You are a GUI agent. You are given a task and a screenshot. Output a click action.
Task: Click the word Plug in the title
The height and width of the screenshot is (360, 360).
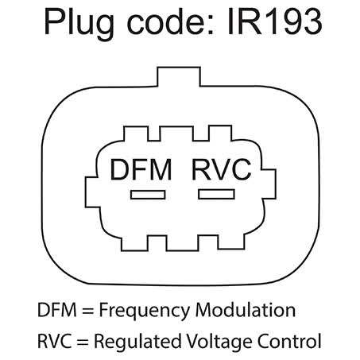(x=79, y=24)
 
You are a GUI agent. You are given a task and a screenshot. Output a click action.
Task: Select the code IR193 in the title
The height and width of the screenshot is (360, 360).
(x=275, y=21)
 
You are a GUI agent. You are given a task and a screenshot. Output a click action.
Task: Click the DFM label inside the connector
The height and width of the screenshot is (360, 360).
(x=141, y=169)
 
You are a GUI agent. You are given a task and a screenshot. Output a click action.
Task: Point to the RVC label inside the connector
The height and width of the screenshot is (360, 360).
(x=222, y=169)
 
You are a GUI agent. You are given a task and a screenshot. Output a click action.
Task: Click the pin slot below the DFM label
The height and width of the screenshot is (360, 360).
(x=148, y=195)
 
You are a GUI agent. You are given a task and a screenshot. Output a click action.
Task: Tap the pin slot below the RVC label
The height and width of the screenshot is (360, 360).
(x=216, y=194)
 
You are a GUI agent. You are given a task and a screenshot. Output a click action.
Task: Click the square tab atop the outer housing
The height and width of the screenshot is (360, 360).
(x=179, y=77)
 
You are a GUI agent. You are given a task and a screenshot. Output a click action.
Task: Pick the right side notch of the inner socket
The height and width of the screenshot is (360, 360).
(x=269, y=184)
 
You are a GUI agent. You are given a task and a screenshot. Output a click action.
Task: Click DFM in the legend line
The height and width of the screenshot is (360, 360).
(x=57, y=310)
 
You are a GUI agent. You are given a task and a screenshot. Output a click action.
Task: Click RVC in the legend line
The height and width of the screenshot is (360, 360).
(x=55, y=341)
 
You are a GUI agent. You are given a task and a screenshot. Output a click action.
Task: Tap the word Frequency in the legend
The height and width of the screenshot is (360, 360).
(x=145, y=311)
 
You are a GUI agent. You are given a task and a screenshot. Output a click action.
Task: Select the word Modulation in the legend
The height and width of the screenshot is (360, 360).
(x=246, y=310)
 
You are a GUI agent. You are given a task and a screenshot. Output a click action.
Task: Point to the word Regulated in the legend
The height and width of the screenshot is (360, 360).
(x=138, y=342)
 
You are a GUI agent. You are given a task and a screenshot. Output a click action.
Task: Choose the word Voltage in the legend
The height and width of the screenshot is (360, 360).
(x=219, y=342)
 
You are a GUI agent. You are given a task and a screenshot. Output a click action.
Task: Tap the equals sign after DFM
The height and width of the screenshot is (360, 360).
(x=87, y=311)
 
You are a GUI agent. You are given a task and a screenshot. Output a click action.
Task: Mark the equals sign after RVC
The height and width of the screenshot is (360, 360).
(x=83, y=342)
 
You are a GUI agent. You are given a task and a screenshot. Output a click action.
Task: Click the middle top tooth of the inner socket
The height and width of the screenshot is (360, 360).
(x=176, y=134)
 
